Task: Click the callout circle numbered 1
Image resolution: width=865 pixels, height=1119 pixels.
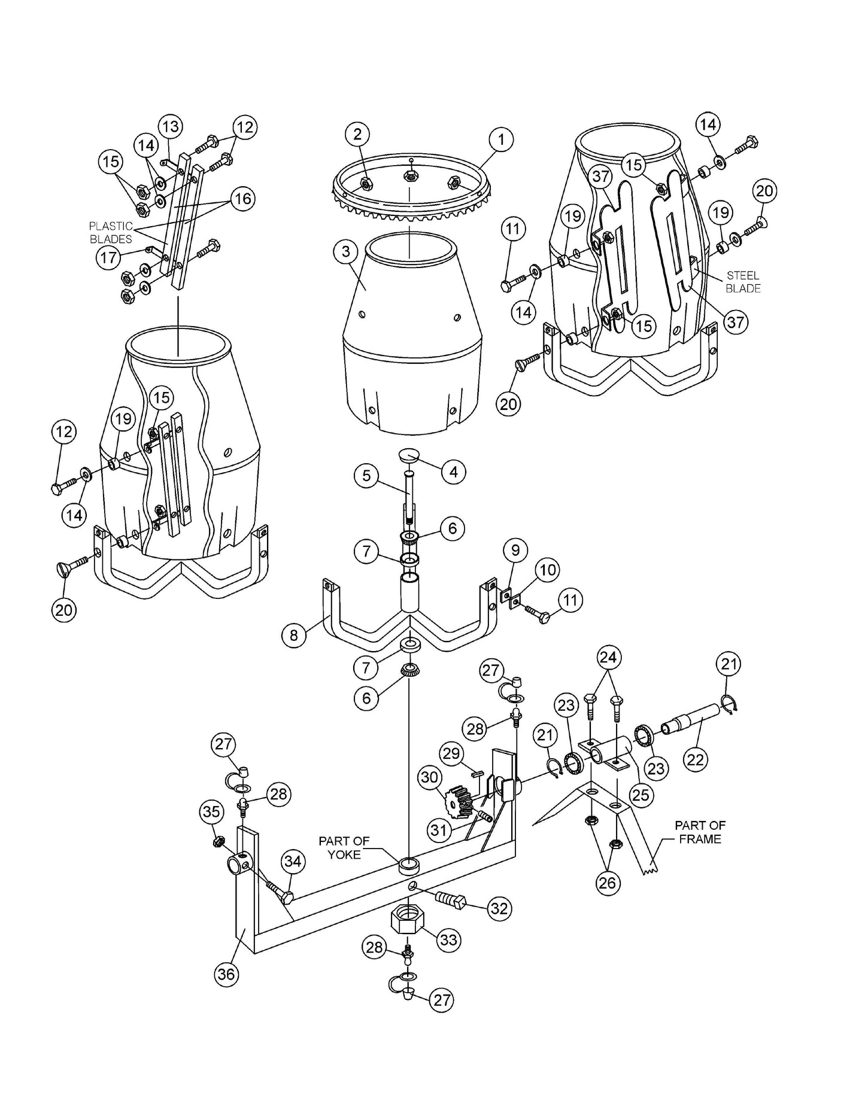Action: coord(501,140)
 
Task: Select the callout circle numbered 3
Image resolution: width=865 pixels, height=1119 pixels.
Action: coord(346,251)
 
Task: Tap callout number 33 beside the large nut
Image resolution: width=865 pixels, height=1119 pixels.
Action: coord(448,939)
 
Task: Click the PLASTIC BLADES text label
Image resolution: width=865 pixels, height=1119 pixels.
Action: coord(111,233)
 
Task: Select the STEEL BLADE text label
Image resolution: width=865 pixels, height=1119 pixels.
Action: coord(743,282)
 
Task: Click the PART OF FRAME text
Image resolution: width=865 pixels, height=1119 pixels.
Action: coord(700,832)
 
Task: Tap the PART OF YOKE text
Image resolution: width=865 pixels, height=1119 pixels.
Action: coord(344,847)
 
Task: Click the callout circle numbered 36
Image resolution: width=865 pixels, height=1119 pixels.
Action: coord(226,974)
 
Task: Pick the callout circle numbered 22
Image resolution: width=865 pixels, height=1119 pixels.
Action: coord(695,759)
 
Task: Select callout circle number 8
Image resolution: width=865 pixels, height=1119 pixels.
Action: coord(293,635)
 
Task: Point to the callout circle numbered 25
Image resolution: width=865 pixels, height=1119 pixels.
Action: coord(641,795)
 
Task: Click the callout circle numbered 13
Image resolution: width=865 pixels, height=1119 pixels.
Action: coord(171,127)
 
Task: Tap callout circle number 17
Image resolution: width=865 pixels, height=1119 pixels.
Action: coord(108,258)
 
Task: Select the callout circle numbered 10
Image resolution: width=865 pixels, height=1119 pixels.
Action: coord(548,570)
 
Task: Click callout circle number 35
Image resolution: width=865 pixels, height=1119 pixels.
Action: coord(211,812)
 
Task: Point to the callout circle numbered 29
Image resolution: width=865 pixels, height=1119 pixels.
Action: coord(451,753)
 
